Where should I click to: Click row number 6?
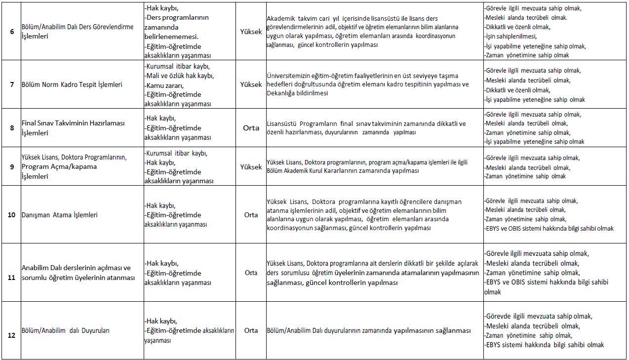click(12, 32)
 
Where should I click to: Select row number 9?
click(12, 166)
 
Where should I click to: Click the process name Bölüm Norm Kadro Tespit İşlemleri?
click(72, 84)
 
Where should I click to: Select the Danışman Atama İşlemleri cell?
click(59, 215)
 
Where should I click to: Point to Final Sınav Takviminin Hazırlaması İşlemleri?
click(73, 127)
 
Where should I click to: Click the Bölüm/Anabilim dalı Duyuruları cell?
click(65, 330)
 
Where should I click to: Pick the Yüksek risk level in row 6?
click(251, 31)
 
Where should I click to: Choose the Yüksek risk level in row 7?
click(251, 84)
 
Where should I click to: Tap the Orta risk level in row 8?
click(251, 127)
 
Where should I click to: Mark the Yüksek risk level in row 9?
click(251, 167)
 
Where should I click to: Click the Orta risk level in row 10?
click(251, 215)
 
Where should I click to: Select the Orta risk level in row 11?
click(251, 273)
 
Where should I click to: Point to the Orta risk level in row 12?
click(251, 330)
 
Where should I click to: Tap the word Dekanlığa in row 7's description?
click(281, 93)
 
